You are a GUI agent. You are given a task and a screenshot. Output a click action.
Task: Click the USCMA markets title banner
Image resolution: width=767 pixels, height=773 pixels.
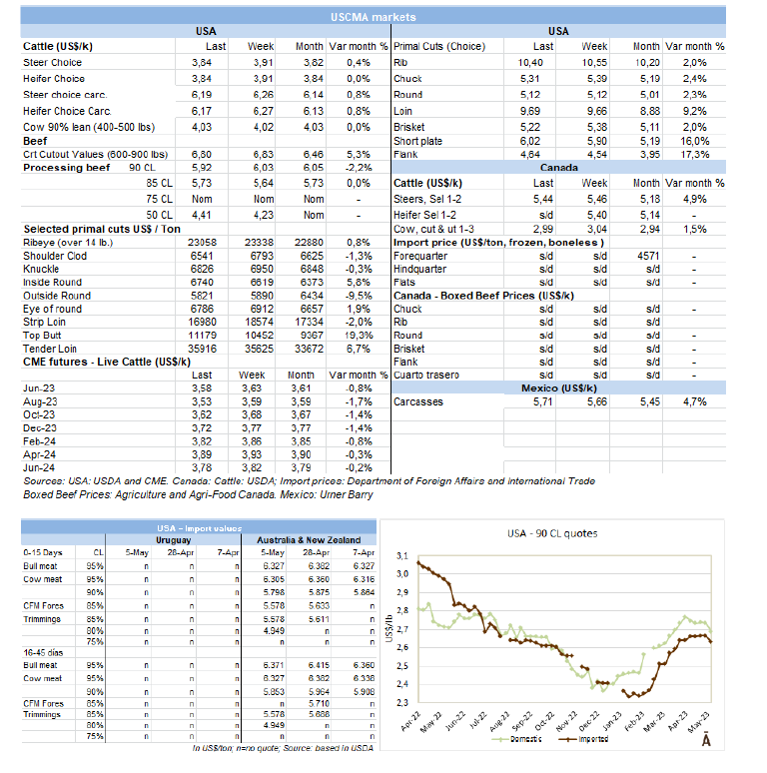coord(386,17)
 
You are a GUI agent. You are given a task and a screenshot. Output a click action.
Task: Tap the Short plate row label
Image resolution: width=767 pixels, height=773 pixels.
coord(418,141)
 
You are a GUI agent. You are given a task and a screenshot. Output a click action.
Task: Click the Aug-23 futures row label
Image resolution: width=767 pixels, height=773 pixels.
coord(40,400)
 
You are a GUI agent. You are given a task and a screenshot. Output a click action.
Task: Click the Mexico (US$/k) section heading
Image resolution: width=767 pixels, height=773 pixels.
coord(558,387)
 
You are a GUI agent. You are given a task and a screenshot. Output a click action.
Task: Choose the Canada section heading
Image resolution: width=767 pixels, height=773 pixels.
coord(558,167)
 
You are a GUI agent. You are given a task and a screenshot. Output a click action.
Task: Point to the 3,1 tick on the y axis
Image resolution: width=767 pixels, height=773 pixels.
coord(400,555)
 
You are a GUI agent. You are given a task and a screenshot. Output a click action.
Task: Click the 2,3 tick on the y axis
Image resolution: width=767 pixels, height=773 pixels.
coord(400,702)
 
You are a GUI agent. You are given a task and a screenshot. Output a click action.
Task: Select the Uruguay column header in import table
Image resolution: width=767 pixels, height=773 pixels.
coord(171,540)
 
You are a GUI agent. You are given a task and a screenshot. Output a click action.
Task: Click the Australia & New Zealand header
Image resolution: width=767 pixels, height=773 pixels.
coord(310,540)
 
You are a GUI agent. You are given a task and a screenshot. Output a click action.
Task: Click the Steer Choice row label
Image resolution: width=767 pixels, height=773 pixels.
coord(53,63)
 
